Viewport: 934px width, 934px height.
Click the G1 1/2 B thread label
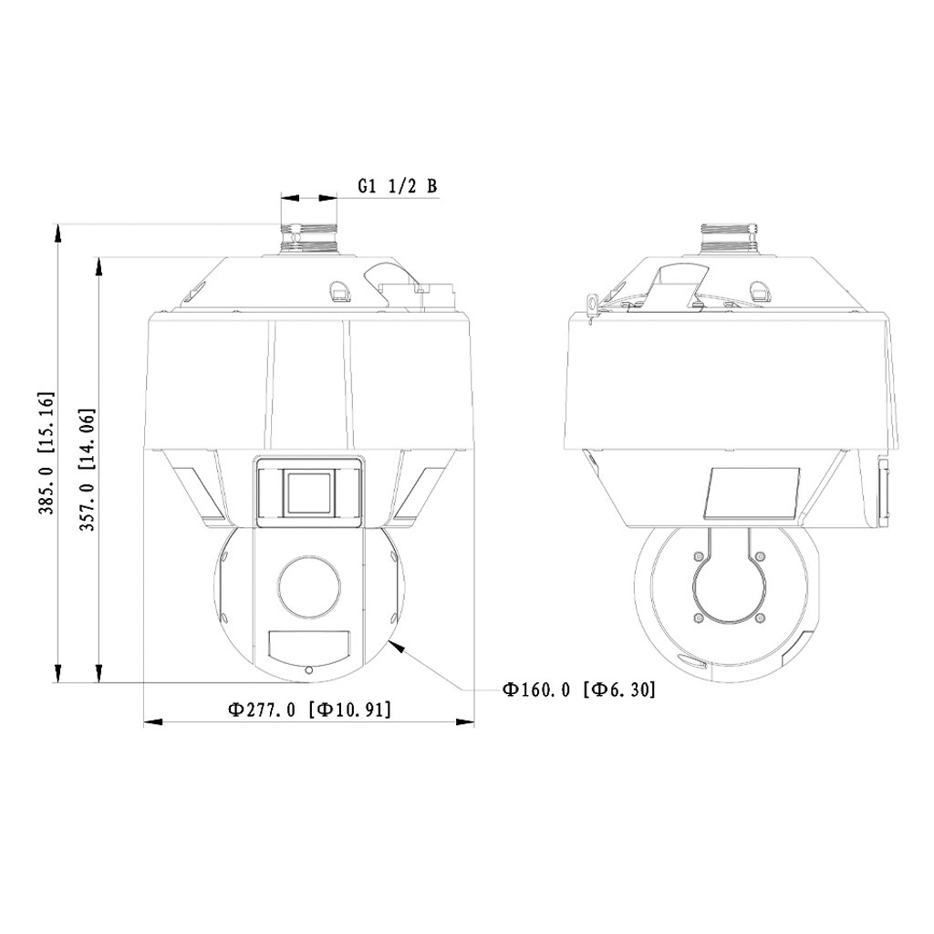[398, 185]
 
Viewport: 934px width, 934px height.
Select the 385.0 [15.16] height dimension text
[47, 452]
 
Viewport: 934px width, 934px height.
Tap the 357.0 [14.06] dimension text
[88, 470]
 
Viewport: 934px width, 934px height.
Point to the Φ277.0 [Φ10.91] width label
[310, 710]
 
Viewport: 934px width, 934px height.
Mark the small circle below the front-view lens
[308, 670]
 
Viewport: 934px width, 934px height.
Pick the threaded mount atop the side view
[730, 239]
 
